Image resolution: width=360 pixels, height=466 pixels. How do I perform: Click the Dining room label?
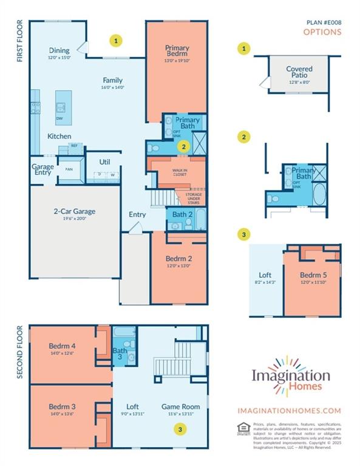(x=59, y=50)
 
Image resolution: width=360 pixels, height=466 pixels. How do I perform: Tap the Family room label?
(x=112, y=80)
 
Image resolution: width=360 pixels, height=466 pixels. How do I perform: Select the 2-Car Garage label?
(x=75, y=212)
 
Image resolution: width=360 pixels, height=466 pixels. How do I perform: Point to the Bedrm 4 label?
(x=61, y=346)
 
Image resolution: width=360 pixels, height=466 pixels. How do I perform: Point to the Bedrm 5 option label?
(x=313, y=274)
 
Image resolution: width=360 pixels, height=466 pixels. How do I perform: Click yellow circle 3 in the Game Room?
(x=180, y=429)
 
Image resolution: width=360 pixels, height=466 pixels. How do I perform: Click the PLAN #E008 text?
(x=324, y=22)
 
